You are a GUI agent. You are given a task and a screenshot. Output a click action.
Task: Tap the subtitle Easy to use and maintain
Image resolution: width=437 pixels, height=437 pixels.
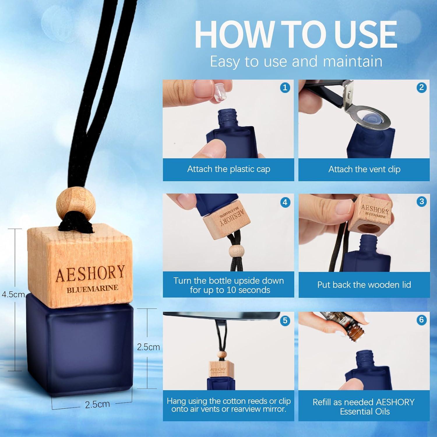pos(296,61)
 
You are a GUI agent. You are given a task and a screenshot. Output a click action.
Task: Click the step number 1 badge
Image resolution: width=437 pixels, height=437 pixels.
pos(285,87)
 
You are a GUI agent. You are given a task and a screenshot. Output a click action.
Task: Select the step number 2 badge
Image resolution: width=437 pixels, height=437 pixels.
pos(421,87)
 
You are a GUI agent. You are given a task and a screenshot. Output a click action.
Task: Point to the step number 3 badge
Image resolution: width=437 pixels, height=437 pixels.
pos(421,201)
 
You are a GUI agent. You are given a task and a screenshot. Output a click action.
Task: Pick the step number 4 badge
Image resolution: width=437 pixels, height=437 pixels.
pos(285,202)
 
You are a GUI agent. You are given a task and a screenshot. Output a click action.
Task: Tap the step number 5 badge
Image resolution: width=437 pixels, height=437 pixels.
pos(285,320)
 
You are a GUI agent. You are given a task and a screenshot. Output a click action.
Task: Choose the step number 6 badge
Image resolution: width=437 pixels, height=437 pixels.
pos(421,320)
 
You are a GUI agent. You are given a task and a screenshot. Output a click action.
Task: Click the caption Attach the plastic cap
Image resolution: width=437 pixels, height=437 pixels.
pos(229,169)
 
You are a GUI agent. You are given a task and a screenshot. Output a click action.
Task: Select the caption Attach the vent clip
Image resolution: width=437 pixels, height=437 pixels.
pos(364,169)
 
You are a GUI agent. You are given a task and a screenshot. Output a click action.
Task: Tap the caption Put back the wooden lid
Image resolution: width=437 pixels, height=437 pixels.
pos(364,285)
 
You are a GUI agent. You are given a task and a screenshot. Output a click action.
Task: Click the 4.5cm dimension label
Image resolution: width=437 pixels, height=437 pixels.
pos(13,294)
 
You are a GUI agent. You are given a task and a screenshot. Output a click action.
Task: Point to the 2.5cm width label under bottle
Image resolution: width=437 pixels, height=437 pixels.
pos(97,404)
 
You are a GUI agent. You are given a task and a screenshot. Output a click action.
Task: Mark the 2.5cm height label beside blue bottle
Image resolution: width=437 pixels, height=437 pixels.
pos(148,347)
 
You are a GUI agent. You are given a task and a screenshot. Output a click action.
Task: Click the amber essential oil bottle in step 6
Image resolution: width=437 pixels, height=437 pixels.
pos(354,332)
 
